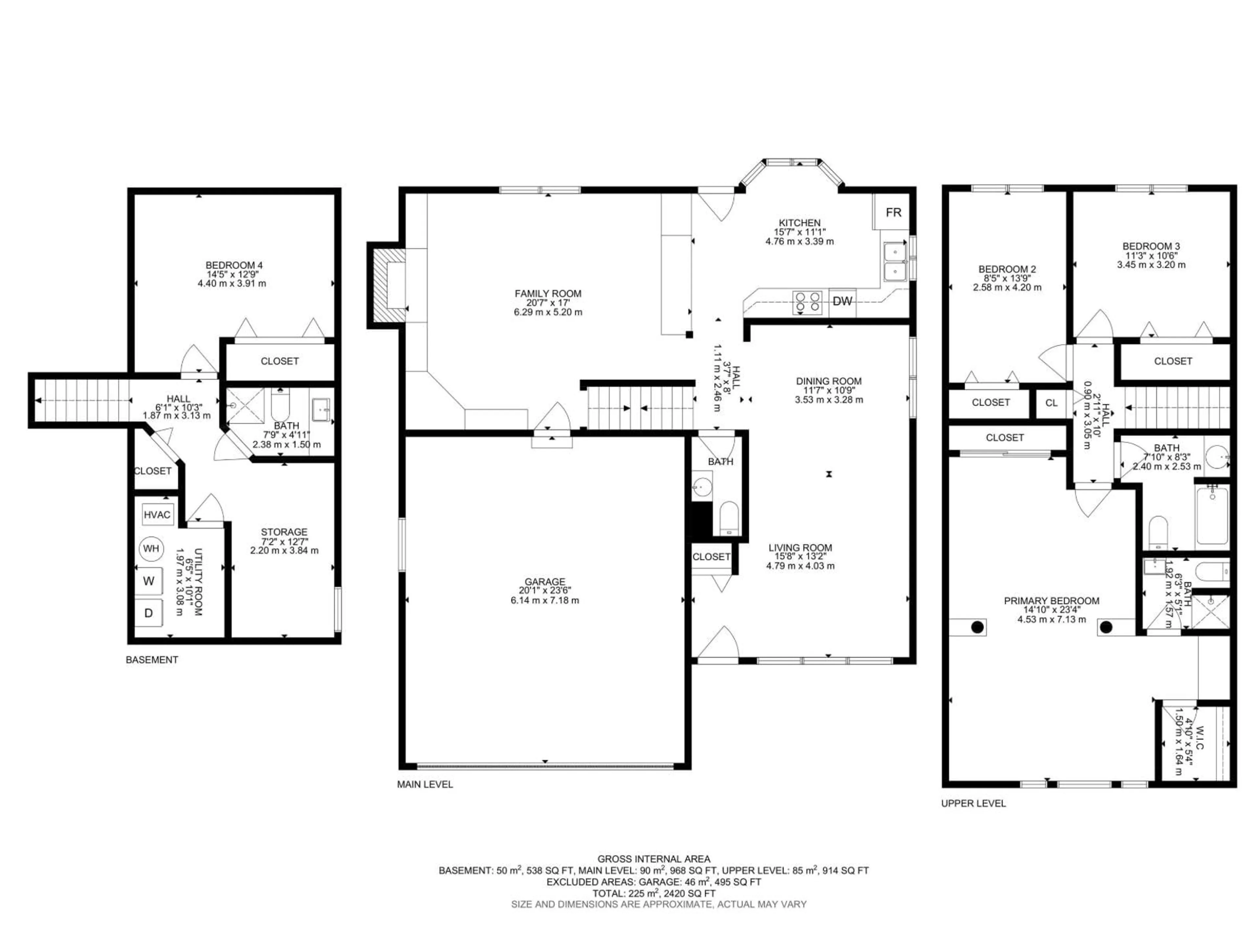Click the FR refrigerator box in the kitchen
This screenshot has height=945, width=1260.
click(x=893, y=213)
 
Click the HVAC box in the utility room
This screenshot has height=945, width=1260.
click(x=157, y=515)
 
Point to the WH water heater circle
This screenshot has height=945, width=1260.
click(x=151, y=549)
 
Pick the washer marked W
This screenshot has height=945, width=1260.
click(x=149, y=581)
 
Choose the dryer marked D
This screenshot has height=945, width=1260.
click(x=149, y=613)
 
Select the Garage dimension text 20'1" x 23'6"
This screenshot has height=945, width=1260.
click(x=545, y=591)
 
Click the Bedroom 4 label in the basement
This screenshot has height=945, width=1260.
click(x=234, y=265)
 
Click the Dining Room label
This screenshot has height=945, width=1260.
click(x=829, y=381)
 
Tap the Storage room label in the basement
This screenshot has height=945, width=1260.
click(x=284, y=532)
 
